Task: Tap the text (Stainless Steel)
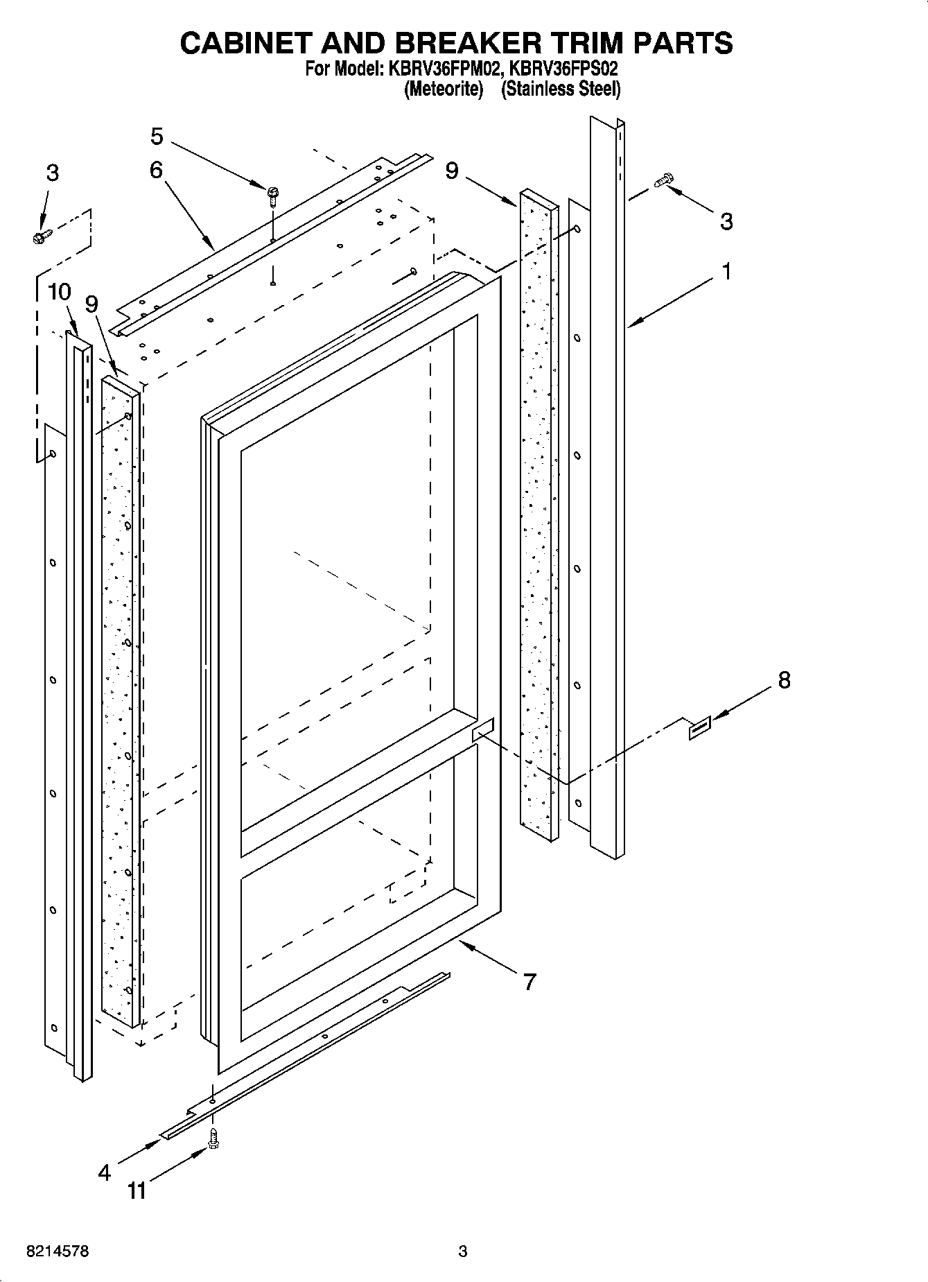point(560,89)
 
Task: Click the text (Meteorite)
point(443,89)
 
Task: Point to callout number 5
point(157,137)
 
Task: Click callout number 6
point(156,169)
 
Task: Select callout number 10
point(60,292)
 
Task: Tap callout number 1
point(726,271)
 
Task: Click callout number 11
point(137,1191)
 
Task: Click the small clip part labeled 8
point(699,729)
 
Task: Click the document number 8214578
point(58,1251)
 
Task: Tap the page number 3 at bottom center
point(463,1251)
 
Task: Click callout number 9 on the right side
point(452,170)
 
